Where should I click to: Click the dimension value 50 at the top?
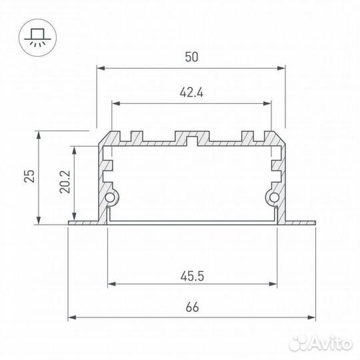[191, 57]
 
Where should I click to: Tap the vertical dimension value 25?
[29, 176]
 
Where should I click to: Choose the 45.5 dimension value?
[191, 273]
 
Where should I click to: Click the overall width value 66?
[191, 307]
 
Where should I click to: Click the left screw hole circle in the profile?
[111, 197]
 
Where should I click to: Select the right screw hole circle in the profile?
[273, 197]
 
